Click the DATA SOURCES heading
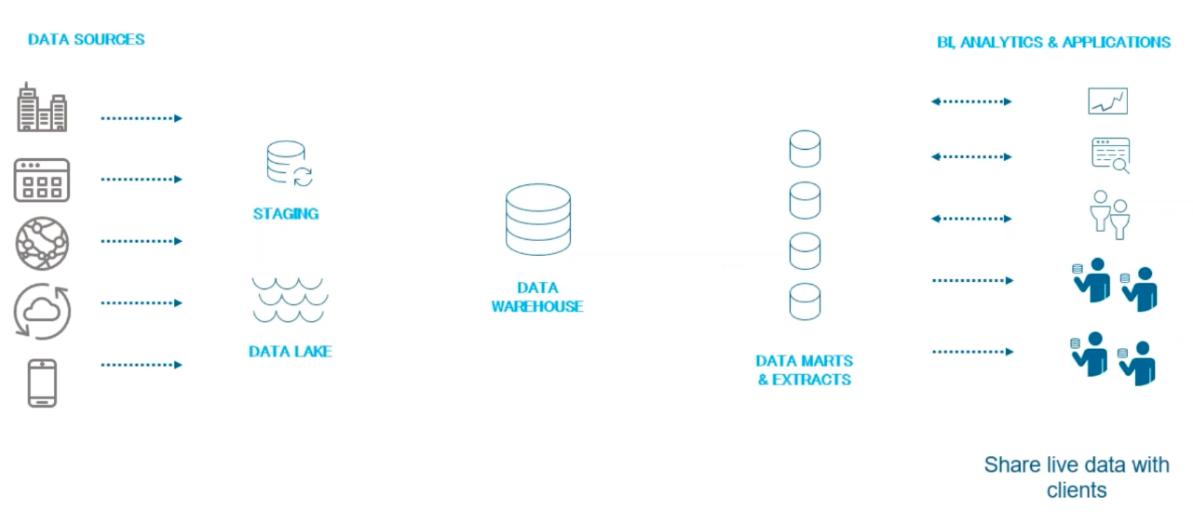point(86,39)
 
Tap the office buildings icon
point(42,108)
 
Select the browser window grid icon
point(42,180)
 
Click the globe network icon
point(42,243)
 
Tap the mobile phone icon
point(42,382)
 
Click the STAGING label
point(286,214)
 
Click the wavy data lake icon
point(289,299)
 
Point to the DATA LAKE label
point(290,352)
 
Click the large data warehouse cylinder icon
point(538,220)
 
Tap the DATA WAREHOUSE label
point(537,297)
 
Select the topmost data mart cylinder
point(805,149)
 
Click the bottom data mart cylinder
point(805,302)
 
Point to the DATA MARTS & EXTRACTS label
point(805,369)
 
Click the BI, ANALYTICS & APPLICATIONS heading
point(1053,42)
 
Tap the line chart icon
point(1107,101)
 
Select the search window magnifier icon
point(1111,155)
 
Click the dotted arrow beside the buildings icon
point(142,118)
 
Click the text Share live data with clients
point(1077,476)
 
